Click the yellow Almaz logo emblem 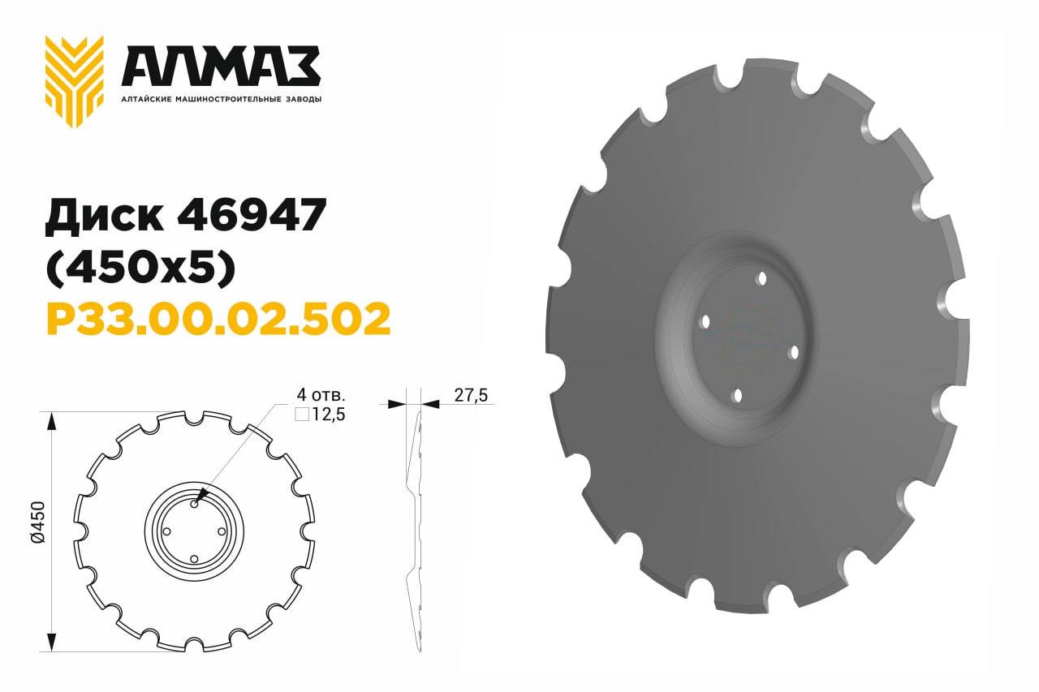(74, 82)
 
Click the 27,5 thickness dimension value (471, 395)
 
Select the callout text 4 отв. (321, 395)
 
